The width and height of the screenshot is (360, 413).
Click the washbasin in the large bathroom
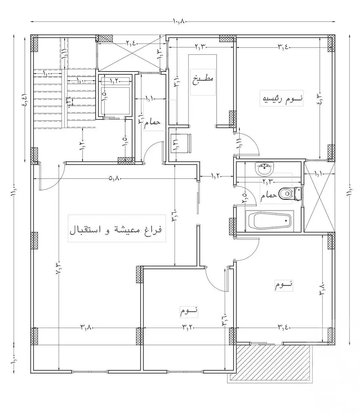[x=264, y=169]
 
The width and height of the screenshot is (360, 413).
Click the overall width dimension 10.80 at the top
[x=179, y=21]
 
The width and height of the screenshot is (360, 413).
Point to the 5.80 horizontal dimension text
[x=115, y=179]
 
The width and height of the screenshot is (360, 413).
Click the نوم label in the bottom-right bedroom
[x=284, y=285]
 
